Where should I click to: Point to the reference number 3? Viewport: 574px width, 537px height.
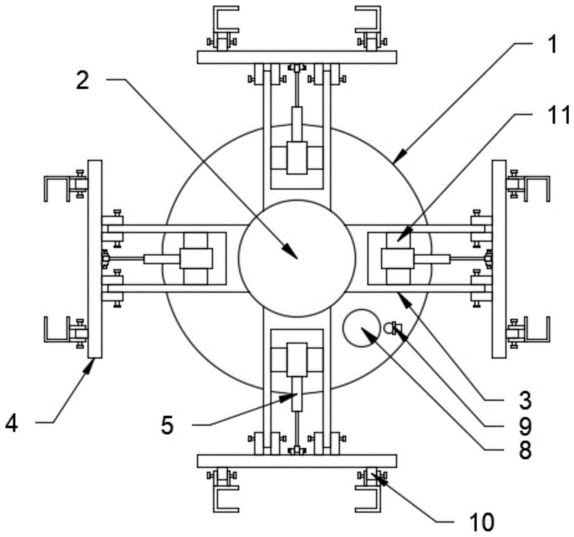pos(525,400)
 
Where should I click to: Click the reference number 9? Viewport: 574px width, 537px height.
pos(525,426)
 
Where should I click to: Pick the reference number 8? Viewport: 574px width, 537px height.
pos(525,450)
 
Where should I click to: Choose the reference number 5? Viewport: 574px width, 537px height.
pos(167,426)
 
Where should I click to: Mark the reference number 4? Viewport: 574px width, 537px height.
pos(11,425)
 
